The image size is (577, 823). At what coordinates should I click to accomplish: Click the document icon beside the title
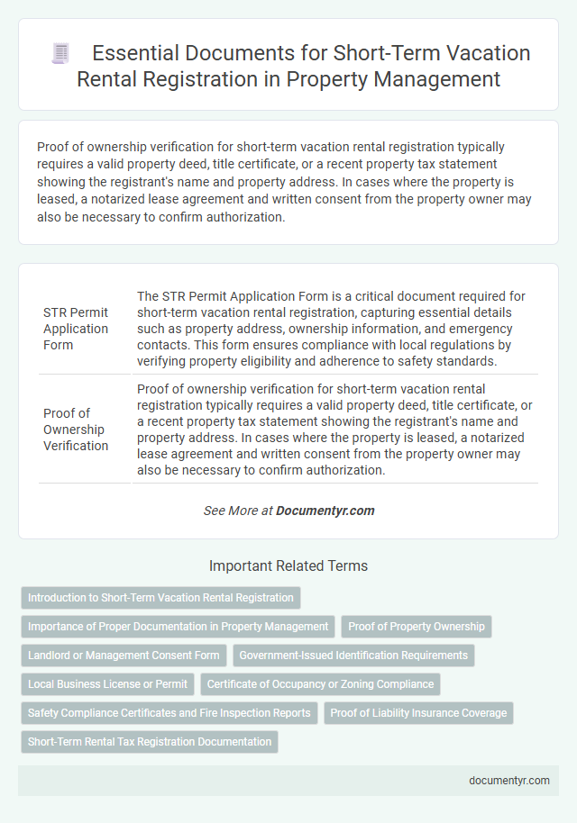[x=61, y=54]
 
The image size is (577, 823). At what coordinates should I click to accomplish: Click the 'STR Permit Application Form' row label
[x=76, y=329]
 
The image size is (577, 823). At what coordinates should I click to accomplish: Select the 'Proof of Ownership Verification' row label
[x=76, y=430]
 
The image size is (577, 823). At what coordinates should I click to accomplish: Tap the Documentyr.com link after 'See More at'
[x=325, y=511]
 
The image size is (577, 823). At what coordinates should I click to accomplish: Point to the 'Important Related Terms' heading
[x=288, y=566]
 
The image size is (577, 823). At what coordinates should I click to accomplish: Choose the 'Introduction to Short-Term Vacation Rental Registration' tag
[x=160, y=597]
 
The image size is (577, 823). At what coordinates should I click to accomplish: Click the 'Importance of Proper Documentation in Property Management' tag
[x=178, y=626]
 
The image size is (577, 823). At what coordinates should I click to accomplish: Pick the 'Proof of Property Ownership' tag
[x=417, y=626]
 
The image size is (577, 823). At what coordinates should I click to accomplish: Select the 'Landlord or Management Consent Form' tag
[x=124, y=655]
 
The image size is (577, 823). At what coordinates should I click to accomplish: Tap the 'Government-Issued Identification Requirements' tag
[x=353, y=655]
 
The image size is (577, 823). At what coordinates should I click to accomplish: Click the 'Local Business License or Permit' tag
[x=107, y=683]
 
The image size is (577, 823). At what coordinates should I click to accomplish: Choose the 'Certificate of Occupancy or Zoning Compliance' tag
[x=320, y=683]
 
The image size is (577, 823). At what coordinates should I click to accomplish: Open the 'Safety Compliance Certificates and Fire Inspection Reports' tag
[x=169, y=712]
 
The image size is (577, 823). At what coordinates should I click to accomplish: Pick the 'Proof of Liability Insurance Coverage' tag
[x=418, y=712]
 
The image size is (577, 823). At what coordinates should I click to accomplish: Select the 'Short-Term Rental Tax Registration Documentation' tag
[x=150, y=741]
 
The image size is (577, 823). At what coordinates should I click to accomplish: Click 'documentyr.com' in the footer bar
[x=509, y=781]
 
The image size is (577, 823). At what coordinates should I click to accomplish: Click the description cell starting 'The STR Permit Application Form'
[x=334, y=329]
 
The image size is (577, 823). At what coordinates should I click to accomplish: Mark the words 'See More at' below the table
[x=238, y=511]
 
